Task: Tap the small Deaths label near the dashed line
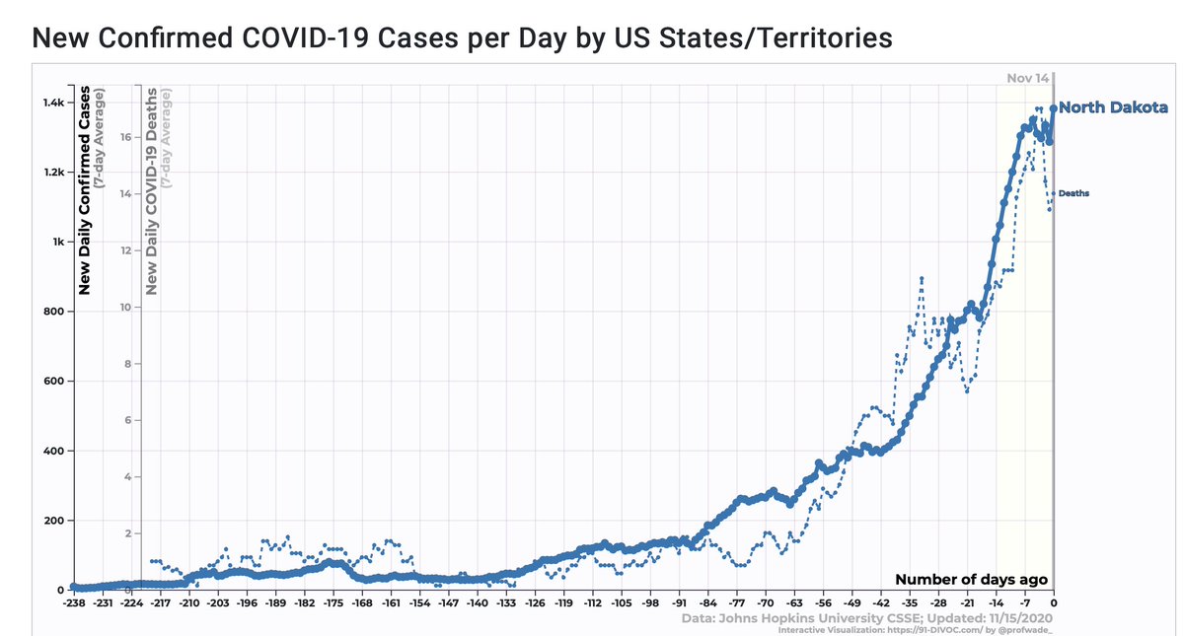[x=1074, y=193]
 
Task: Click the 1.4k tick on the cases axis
[x=51, y=103]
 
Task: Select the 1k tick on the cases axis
[x=57, y=243]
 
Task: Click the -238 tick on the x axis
[x=73, y=601]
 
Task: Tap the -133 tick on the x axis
[x=505, y=601]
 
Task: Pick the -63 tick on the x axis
[x=794, y=601]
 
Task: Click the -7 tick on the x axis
[x=1025, y=601]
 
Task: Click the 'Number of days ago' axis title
[x=971, y=580]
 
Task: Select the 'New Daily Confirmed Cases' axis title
[x=86, y=191]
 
